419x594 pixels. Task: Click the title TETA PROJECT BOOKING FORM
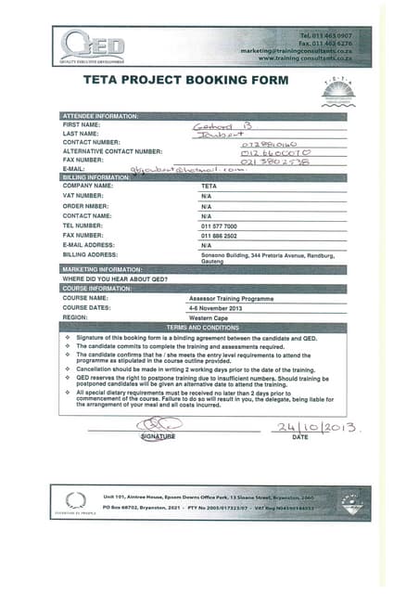pyautogui.click(x=186, y=81)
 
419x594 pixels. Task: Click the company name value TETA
pyautogui.click(x=209, y=187)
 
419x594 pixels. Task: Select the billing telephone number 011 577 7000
pyautogui.click(x=219, y=226)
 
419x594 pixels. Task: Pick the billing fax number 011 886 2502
pyautogui.click(x=219, y=236)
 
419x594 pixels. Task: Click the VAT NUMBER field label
pyautogui.click(x=85, y=197)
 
